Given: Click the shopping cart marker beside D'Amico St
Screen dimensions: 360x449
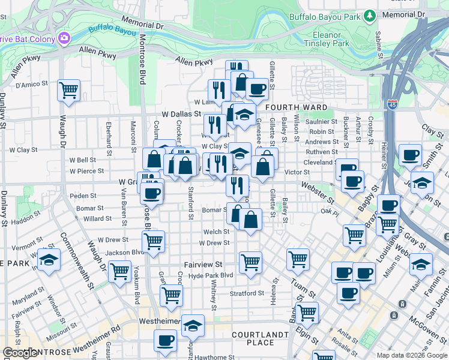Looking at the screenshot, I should click(x=69, y=91).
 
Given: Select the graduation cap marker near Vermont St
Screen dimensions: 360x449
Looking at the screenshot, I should click(x=49, y=259).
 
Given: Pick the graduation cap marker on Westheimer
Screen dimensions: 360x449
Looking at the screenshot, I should click(x=193, y=325).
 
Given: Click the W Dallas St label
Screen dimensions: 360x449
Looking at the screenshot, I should click(x=181, y=113).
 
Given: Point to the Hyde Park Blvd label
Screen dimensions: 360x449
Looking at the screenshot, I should click(x=210, y=275).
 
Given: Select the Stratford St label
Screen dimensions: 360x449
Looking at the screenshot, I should click(x=247, y=293).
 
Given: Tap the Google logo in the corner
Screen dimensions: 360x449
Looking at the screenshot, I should click(x=21, y=353).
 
